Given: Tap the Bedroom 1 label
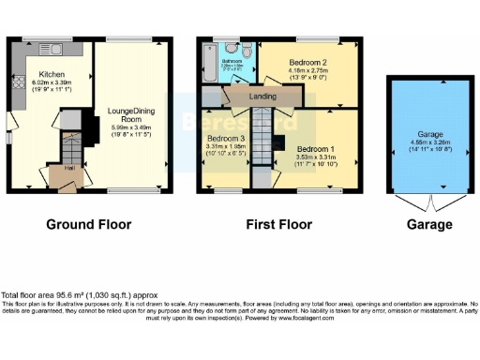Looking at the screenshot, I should pyautogui.click(x=316, y=148).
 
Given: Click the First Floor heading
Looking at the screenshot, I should pyautogui.click(x=277, y=225).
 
